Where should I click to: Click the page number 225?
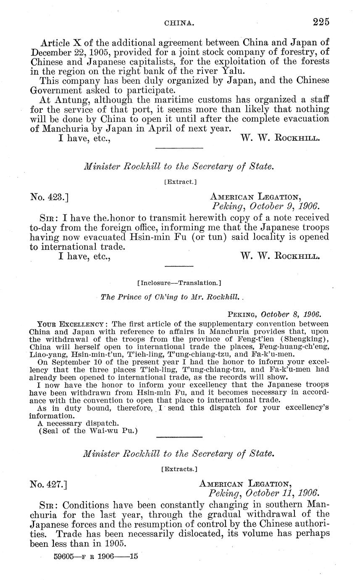coord(321,21)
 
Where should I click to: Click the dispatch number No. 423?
coord(49,196)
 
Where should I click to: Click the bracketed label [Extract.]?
coord(180,182)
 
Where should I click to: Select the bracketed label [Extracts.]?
coord(179,468)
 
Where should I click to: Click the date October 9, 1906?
coord(284,206)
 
